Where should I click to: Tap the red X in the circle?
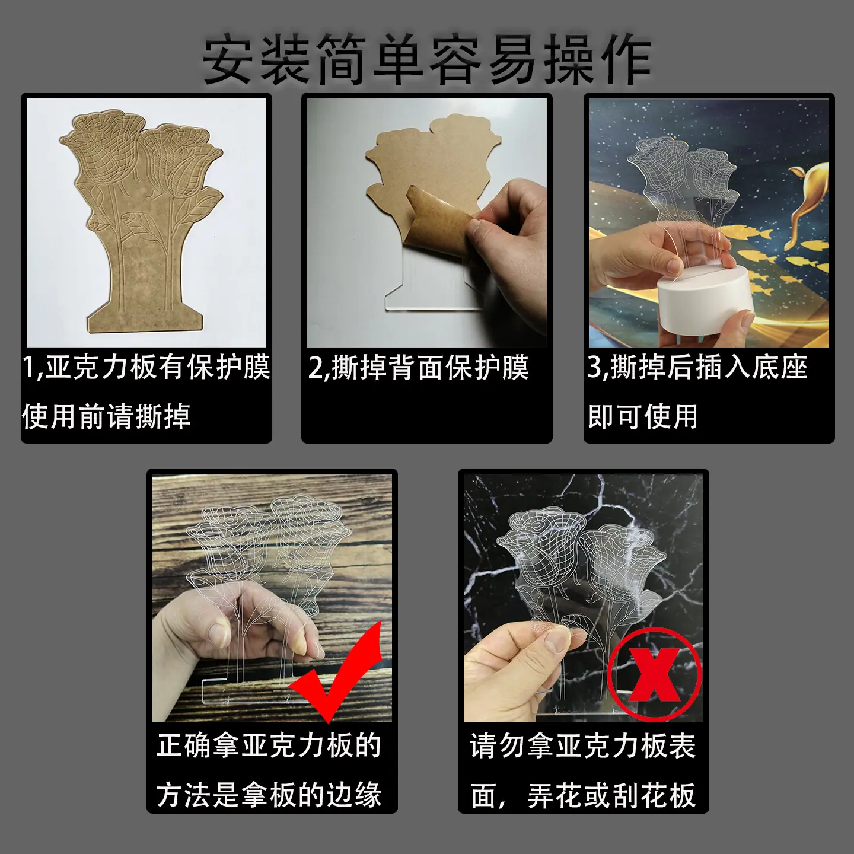click(655, 674)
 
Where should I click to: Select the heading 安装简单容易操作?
click(427, 60)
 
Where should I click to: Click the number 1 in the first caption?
click(28, 367)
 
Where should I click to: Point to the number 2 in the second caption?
click(316, 367)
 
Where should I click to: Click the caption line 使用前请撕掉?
click(106, 416)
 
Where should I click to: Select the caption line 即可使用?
click(643, 416)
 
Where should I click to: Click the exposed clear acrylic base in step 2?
click(428, 283)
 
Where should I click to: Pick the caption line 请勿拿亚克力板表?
click(583, 746)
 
